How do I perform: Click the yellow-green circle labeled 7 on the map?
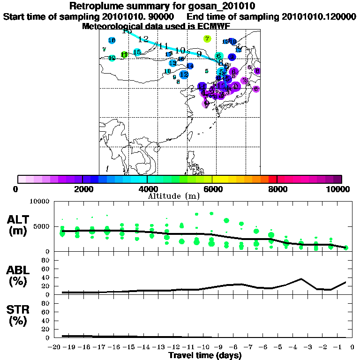tap(207, 39)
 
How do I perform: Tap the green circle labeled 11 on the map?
tap(124, 55)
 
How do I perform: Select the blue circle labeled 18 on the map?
tap(112, 41)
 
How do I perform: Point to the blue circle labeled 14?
tap(190, 66)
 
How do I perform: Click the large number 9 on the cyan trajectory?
tap(199, 54)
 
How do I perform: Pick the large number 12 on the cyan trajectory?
tap(143, 39)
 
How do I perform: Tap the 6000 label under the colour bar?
tap(212, 189)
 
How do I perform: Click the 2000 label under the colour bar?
tap(82, 189)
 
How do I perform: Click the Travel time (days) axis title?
tap(205, 356)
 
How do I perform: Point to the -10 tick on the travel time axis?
tap(205, 347)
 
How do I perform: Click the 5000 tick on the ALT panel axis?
tap(42, 226)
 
